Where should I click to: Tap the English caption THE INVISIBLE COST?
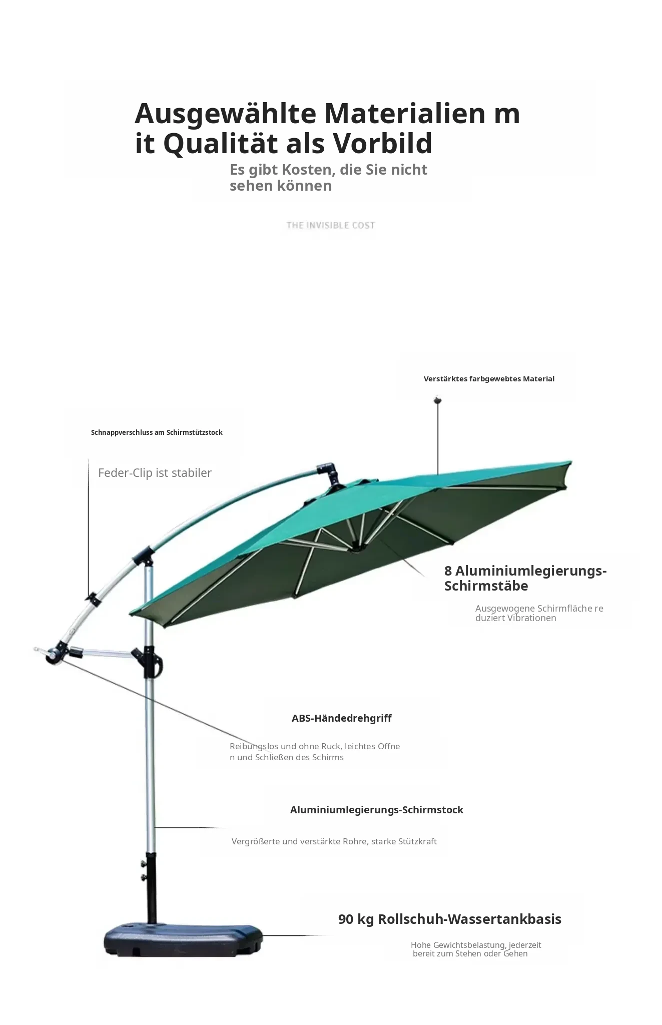click(330, 225)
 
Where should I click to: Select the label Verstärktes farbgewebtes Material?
click(489, 379)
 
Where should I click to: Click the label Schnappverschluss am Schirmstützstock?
click(157, 432)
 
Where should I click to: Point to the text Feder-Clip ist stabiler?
click(155, 473)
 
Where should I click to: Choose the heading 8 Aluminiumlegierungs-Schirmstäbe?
click(525, 578)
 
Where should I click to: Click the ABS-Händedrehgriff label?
click(341, 718)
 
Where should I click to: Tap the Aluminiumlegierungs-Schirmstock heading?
click(377, 810)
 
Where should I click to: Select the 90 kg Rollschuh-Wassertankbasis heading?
click(450, 919)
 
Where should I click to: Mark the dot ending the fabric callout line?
click(438, 400)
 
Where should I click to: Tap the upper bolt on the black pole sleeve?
click(143, 863)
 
